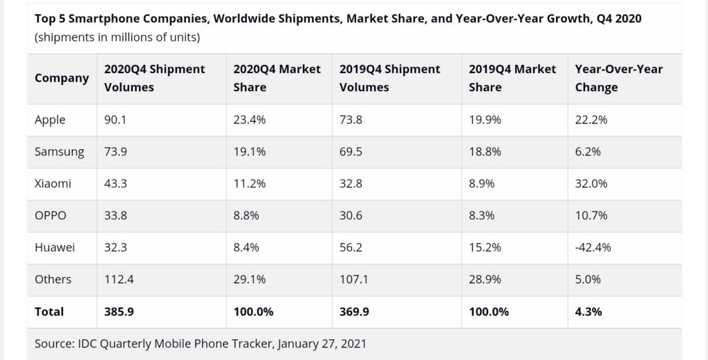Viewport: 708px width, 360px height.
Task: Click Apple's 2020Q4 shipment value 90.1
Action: tap(115, 120)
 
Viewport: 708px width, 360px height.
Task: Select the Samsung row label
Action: tap(59, 152)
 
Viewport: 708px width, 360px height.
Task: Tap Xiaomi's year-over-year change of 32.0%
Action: tap(591, 184)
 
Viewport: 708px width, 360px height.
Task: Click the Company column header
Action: tap(62, 78)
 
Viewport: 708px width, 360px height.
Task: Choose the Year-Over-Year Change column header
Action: tap(619, 78)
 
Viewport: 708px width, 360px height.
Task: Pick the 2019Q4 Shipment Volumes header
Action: tap(390, 78)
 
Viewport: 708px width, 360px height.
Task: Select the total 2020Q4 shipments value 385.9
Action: tap(118, 312)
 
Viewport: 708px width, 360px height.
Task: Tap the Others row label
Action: tap(53, 279)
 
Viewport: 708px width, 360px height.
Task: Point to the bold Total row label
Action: tap(49, 312)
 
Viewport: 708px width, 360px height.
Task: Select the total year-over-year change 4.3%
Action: tap(588, 312)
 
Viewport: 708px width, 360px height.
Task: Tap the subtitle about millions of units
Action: tap(118, 37)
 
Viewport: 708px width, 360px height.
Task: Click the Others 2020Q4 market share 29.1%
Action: tap(250, 279)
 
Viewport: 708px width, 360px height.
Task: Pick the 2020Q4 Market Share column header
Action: tap(277, 78)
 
